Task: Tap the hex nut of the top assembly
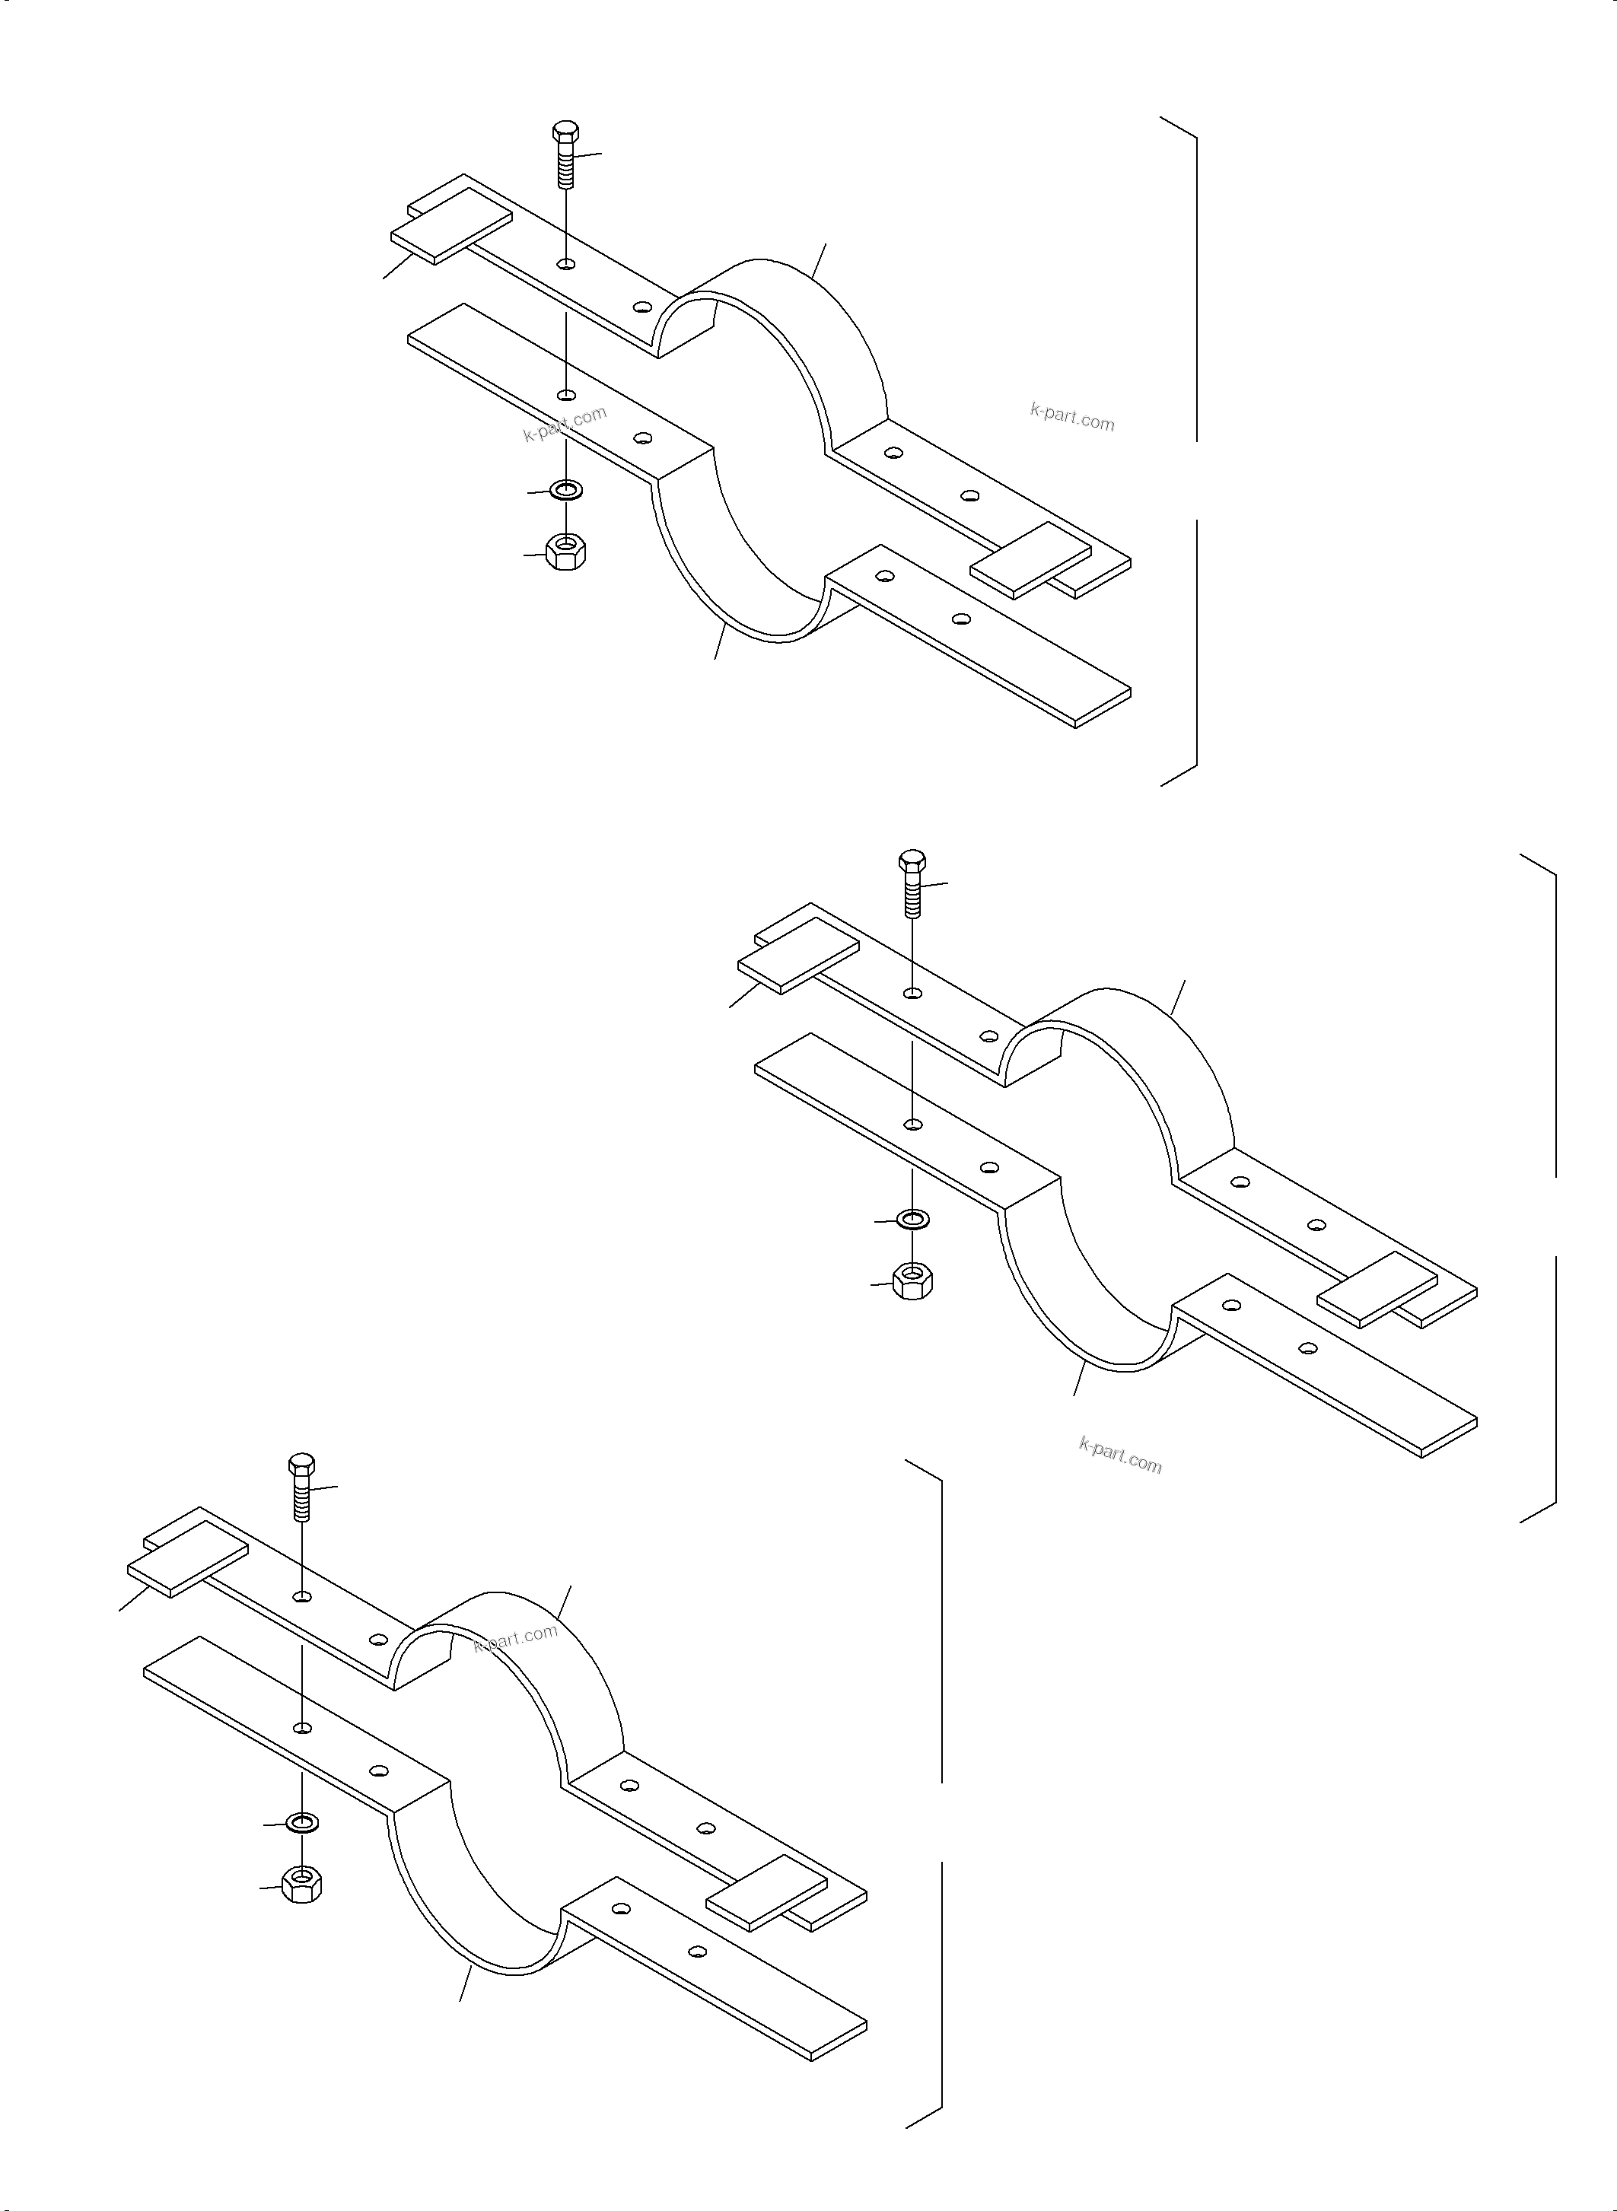point(565,554)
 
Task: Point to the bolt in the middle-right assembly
point(912,885)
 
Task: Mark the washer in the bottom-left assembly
point(302,1822)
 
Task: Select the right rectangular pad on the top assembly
point(1030,559)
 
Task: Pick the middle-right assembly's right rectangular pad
point(1378,1289)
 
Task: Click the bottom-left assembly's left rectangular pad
point(187,1559)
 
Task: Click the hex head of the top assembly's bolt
point(565,133)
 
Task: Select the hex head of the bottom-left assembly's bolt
point(302,1466)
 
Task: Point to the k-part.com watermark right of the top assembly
point(1072,418)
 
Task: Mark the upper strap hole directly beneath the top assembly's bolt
point(565,264)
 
